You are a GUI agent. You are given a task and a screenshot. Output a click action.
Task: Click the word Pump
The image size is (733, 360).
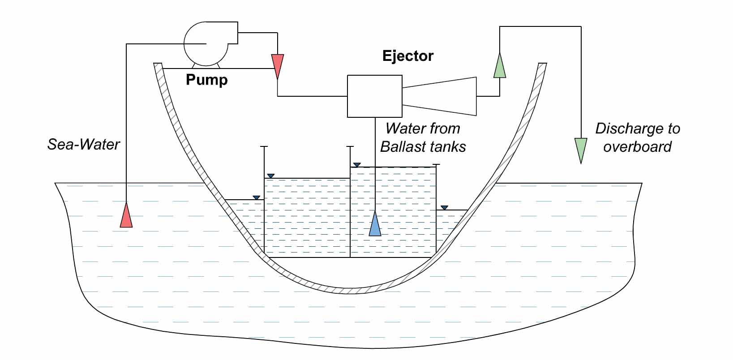click(x=206, y=80)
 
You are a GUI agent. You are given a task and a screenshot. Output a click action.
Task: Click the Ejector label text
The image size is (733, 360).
click(x=407, y=56)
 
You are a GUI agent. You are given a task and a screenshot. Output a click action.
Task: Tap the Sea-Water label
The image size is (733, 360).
click(x=84, y=145)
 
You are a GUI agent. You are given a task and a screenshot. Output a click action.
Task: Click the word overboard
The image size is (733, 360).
click(x=637, y=147)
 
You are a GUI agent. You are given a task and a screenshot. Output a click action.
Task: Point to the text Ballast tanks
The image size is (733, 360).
click(x=423, y=147)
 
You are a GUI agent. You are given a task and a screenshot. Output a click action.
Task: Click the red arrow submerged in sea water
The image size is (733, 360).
click(x=126, y=216)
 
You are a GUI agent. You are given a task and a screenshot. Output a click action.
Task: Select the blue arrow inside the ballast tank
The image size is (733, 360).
click(x=375, y=224)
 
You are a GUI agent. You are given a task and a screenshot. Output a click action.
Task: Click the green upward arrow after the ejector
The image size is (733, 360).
click(x=500, y=66)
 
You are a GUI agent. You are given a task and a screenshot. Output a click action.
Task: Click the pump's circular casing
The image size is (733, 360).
click(x=204, y=44)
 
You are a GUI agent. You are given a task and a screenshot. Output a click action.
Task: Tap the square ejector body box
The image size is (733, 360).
click(x=375, y=96)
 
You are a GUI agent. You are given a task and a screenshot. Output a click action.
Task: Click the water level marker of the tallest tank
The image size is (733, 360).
click(x=357, y=165)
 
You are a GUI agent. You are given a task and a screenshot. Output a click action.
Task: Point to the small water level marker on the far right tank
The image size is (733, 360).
click(x=444, y=208)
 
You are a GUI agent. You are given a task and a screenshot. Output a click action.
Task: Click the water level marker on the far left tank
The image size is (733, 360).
click(x=256, y=197)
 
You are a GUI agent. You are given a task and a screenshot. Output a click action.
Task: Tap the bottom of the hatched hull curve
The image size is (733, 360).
click(x=354, y=290)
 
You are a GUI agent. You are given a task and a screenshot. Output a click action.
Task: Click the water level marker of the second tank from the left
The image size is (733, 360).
click(x=270, y=176)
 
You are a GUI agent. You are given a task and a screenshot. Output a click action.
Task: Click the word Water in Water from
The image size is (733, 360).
click(x=401, y=129)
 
